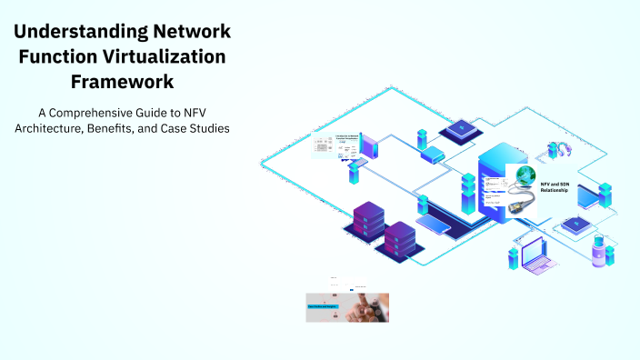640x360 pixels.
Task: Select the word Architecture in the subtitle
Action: [x=51, y=128]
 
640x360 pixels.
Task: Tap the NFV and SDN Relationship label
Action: [x=554, y=187]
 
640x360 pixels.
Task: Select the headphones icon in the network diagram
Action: [x=558, y=151]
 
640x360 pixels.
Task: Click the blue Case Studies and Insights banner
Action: [x=323, y=307]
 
